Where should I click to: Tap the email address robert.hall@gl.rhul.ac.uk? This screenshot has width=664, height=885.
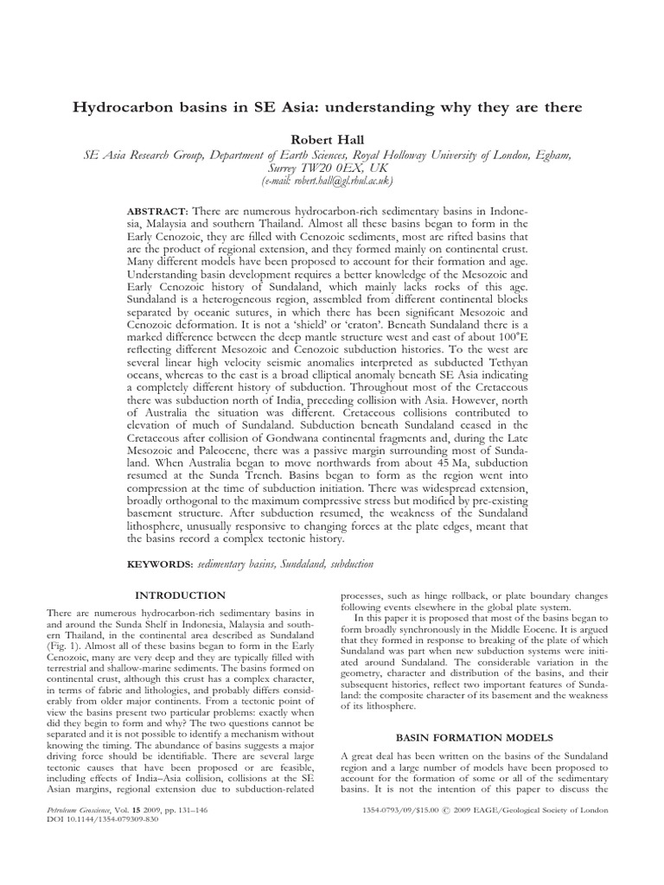point(332,181)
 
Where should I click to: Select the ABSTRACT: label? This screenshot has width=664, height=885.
point(158,211)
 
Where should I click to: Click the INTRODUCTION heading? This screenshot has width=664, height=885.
point(180,595)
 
